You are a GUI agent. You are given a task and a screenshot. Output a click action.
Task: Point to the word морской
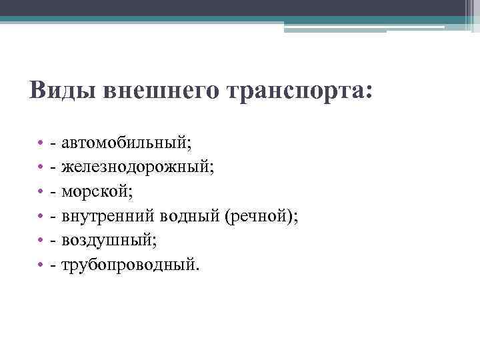97,192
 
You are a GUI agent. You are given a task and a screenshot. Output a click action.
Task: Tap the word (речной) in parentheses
261,217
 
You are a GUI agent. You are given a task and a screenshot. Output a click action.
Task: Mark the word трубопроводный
129,265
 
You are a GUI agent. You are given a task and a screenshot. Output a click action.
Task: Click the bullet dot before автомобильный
41,144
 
